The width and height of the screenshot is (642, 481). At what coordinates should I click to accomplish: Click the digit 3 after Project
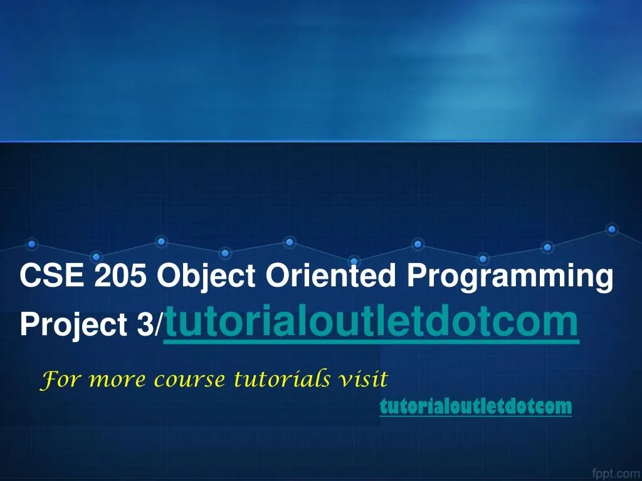pyautogui.click(x=148, y=323)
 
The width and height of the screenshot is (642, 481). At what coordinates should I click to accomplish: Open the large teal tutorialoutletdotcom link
pyautogui.click(x=371, y=321)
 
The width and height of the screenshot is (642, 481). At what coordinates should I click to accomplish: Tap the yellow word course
pyautogui.click(x=176, y=380)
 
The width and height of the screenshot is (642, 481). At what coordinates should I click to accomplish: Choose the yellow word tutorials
pyautogui.click(x=282, y=379)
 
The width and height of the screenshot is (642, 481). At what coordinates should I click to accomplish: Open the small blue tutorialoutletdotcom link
pyautogui.click(x=476, y=407)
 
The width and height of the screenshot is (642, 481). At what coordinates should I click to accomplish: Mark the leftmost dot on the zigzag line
pyautogui.click(x=32, y=243)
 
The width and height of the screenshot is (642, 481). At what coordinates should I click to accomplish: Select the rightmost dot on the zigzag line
pyautogui.click(x=612, y=230)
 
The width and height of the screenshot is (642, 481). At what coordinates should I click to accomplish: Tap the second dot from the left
pyautogui.click(x=96, y=256)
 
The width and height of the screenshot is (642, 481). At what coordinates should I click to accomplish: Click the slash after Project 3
pyautogui.click(x=159, y=324)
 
